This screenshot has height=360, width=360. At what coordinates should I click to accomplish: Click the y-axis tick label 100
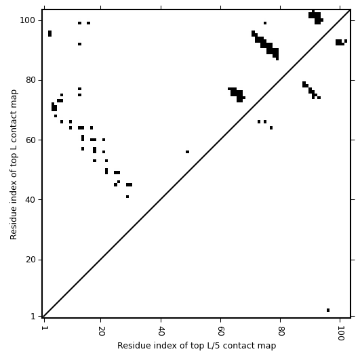[x=27, y=20]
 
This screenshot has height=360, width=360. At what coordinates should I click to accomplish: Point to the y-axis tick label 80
[x=31, y=80]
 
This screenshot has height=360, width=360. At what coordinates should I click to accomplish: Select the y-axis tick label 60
[x=31, y=140]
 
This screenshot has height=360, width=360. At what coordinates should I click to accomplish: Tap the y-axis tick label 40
[x=31, y=200]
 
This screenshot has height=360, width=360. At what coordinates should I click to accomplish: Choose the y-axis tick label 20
[x=31, y=260]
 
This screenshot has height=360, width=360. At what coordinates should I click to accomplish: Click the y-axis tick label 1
[x=33, y=317]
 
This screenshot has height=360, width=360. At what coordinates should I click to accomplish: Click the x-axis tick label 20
[x=101, y=331]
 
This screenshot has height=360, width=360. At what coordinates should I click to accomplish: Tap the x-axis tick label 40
[x=161, y=331]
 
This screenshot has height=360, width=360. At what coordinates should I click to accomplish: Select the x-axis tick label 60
[x=220, y=331]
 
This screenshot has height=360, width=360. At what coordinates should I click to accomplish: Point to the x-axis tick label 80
[x=281, y=331]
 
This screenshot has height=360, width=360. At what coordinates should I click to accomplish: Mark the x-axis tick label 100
[x=340, y=334]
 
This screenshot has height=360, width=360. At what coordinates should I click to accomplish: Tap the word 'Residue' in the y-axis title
[x=14, y=226]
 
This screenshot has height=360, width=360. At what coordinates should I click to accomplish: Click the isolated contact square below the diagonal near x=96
[x=328, y=311]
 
